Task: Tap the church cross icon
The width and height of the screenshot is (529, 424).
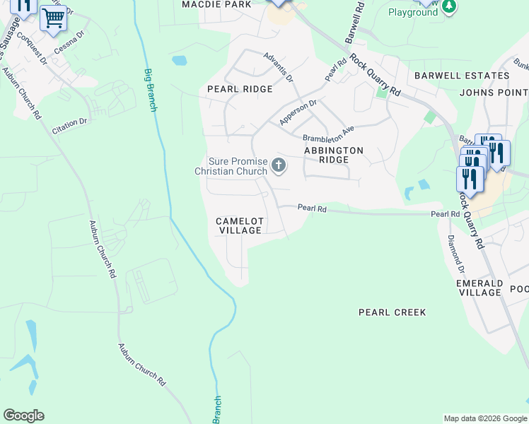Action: [279, 166]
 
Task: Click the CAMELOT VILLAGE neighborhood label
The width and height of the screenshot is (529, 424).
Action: [240, 226]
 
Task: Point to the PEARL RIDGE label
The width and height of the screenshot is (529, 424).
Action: [240, 89]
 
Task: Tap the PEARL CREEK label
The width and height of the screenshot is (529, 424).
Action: [392, 312]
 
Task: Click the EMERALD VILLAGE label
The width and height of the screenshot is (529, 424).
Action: [479, 288]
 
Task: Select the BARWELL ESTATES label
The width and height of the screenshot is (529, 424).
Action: [462, 76]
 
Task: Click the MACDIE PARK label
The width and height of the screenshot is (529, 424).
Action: [216, 4]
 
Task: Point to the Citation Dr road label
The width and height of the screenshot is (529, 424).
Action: [69, 126]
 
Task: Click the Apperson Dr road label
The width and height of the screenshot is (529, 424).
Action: [298, 112]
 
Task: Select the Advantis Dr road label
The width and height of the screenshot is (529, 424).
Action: [277, 68]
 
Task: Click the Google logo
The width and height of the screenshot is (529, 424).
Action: [23, 416]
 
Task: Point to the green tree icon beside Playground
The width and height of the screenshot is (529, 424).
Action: [448, 6]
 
